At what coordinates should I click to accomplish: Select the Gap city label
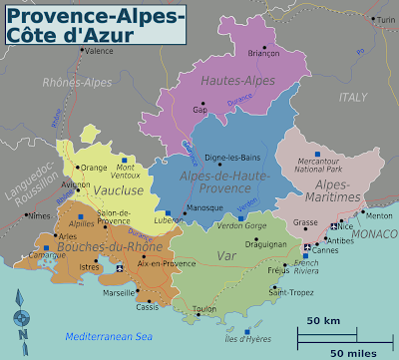pos(200,110)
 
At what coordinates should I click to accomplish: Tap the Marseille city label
pos(90,292)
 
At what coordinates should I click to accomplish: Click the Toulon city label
pos(205,310)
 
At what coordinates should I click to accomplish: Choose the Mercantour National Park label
pos(315,162)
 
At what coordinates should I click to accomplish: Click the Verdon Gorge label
pos(241,225)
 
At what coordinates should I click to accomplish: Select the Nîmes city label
pos(39,215)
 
